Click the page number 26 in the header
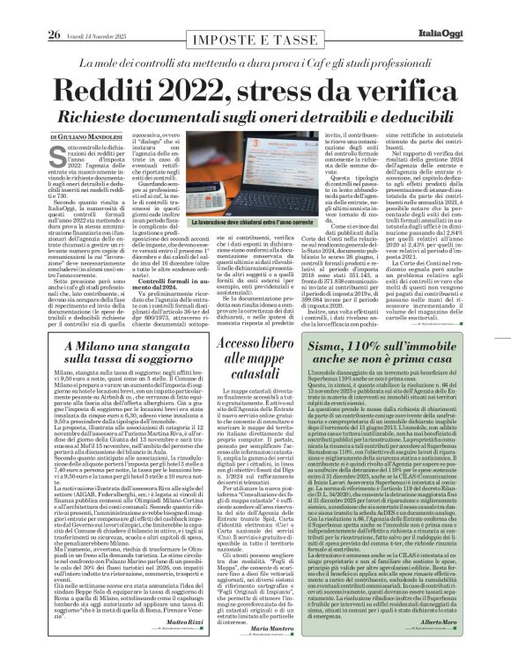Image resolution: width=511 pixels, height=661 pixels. [29, 11]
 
